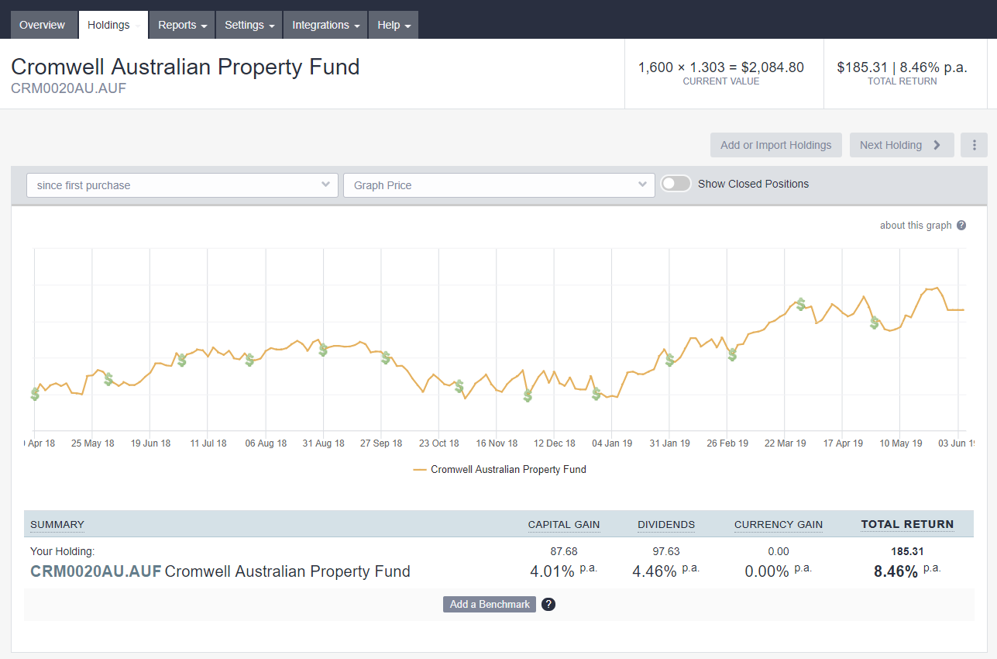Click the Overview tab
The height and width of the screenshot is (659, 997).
(43, 25)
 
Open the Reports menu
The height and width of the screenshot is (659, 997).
(182, 25)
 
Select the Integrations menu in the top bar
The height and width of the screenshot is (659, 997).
(325, 25)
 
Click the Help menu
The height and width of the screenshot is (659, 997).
(393, 25)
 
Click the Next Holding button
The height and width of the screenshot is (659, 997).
(901, 145)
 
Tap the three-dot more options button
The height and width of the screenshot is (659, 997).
(974, 145)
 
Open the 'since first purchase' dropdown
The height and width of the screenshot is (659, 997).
(182, 185)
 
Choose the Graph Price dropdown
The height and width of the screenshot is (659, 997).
(499, 185)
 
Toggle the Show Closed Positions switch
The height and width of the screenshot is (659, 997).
(676, 184)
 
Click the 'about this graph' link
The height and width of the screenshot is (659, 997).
(916, 226)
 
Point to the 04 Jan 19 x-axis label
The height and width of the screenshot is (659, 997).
(612, 443)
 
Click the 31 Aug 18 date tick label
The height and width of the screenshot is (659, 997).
(323, 443)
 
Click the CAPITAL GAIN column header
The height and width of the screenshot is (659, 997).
(563, 525)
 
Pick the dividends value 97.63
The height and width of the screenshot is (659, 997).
(665, 551)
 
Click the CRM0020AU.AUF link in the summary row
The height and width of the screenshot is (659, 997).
(95, 571)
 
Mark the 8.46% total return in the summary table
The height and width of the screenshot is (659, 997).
(896, 572)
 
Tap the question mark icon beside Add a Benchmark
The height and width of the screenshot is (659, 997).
(548, 604)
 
